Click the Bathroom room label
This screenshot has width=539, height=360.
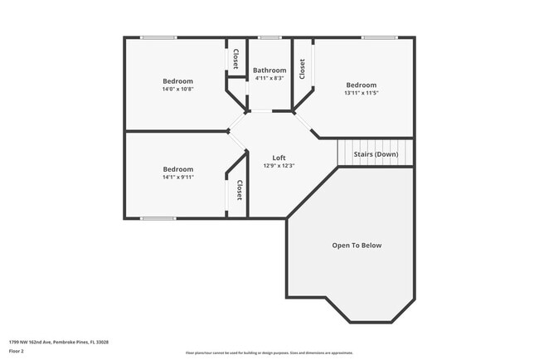click(x=269, y=71)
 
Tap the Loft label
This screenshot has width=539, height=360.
click(x=280, y=158)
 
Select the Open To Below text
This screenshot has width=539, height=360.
click(x=357, y=246)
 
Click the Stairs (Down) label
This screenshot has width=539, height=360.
click(x=376, y=154)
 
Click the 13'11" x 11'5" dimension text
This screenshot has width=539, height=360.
click(x=361, y=93)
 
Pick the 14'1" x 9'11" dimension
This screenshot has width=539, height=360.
click(x=177, y=177)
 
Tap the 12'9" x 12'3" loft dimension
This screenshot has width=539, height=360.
click(x=280, y=166)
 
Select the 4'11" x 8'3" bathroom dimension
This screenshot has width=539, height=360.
click(x=269, y=79)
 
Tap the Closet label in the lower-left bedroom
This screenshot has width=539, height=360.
click(x=239, y=191)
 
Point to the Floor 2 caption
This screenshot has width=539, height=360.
click(x=17, y=351)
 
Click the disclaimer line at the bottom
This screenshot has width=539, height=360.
click(x=269, y=353)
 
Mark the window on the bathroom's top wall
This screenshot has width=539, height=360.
click(x=269, y=37)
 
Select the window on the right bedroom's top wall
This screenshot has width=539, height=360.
click(x=378, y=37)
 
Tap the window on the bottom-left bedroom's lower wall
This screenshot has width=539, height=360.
click(x=158, y=218)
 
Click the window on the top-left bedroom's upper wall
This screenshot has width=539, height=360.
click(x=158, y=37)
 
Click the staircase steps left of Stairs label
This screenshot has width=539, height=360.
click(x=343, y=153)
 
